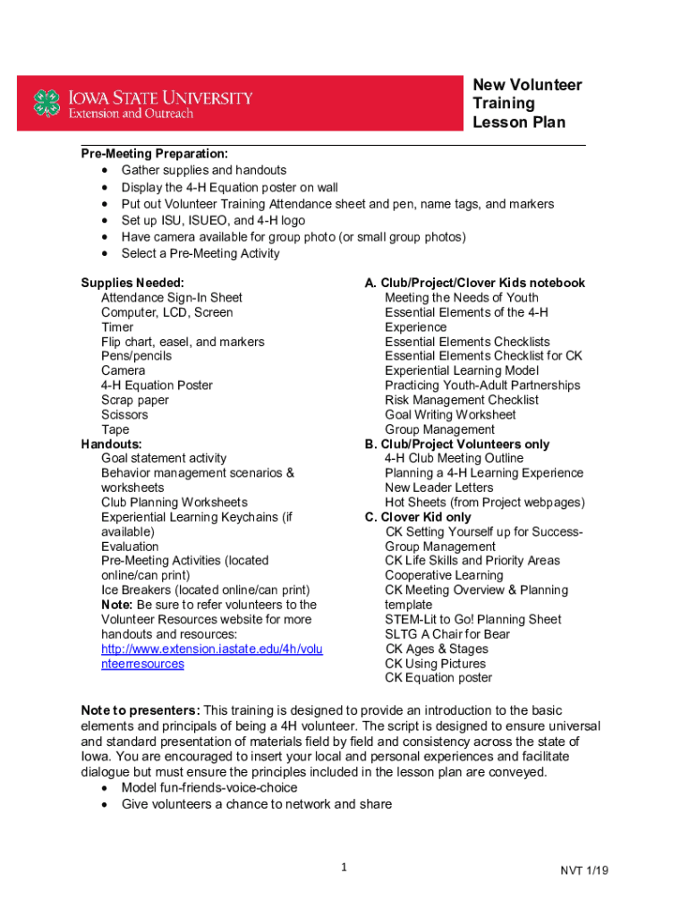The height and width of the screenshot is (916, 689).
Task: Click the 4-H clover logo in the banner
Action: pos(47,103)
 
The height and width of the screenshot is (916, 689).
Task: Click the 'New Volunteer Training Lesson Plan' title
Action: pos(527,104)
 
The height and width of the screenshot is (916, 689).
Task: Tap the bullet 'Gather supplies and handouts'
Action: pos(204,170)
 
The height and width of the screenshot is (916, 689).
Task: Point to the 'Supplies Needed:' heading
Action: pos(132,283)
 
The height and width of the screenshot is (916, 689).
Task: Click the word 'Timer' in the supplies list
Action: pos(117,327)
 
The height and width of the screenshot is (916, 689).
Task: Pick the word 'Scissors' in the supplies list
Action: pos(124,414)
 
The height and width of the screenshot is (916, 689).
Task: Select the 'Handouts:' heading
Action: pos(111,444)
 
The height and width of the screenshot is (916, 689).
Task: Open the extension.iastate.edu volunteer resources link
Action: pos(211,657)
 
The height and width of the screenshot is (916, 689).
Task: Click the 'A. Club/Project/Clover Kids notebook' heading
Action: pos(474,283)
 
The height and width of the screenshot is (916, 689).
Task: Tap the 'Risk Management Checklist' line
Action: pos(462,400)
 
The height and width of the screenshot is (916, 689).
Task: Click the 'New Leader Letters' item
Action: pos(438,488)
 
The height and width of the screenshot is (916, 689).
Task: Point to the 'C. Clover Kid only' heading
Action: pos(417,517)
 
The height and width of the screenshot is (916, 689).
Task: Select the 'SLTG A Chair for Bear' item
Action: pos(447,634)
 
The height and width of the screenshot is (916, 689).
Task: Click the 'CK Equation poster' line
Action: pos(438,677)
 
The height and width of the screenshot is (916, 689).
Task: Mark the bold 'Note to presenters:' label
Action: pos(140,710)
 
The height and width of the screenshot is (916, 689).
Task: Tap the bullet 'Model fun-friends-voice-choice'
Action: pos(209,788)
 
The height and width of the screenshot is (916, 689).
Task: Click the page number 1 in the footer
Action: pos(344,867)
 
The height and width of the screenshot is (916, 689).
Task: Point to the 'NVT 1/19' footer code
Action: pos(585,870)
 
